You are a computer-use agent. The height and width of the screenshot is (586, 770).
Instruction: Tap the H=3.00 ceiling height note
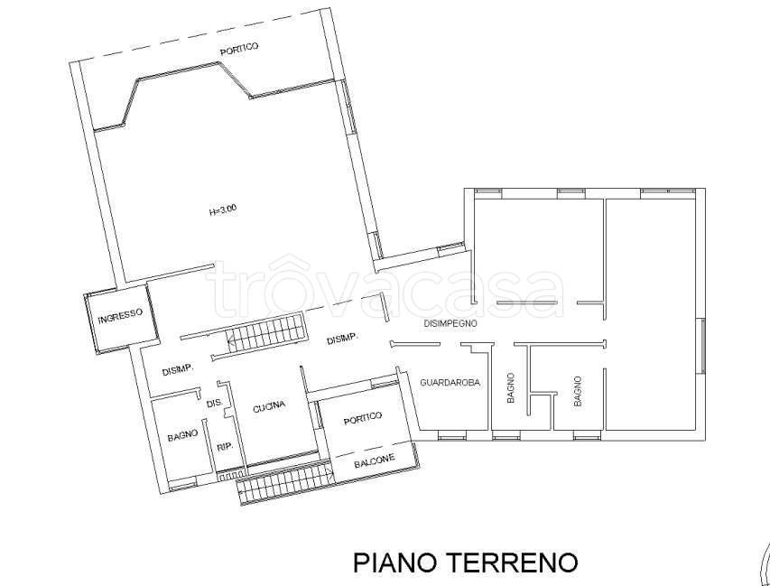tap(222, 211)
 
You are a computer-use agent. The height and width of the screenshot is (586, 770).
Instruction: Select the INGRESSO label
tap(120, 314)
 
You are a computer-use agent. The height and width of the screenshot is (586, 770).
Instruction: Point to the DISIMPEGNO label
tap(450, 322)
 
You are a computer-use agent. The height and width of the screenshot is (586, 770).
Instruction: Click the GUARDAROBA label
tap(450, 383)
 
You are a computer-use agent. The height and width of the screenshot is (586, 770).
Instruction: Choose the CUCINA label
tap(269, 405)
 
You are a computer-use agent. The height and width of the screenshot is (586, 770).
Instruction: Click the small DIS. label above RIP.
tap(215, 403)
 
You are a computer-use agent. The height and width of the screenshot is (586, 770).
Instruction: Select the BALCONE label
tap(374, 460)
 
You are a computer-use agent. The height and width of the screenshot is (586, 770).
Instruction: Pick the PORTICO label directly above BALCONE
tap(363, 416)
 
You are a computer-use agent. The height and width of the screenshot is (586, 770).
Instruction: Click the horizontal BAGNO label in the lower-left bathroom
tap(182, 436)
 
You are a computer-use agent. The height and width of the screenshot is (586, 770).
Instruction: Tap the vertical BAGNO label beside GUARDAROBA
tap(511, 387)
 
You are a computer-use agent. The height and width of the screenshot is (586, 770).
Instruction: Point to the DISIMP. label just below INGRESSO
tap(180, 371)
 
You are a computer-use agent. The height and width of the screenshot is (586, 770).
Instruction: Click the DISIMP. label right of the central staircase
tap(343, 340)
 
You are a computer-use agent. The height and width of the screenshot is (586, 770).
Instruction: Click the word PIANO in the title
tap(394, 563)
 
